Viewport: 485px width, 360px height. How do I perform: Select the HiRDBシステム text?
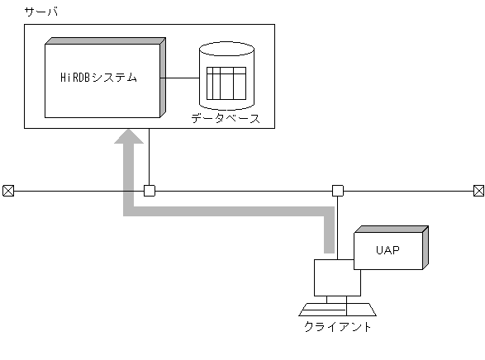(x=99, y=78)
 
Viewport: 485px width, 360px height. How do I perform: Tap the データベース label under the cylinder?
(x=226, y=118)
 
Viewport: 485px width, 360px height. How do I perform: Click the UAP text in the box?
(x=388, y=249)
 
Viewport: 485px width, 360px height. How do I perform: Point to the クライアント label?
(x=338, y=326)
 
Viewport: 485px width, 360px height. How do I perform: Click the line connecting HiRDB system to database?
(x=182, y=78)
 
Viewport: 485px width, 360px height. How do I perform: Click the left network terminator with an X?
(x=8, y=191)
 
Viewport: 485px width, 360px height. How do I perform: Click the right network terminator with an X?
(x=478, y=191)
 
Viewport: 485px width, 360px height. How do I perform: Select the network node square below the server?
(x=150, y=191)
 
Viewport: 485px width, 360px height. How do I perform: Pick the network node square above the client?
(x=338, y=191)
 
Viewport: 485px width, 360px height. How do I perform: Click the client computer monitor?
(x=337, y=277)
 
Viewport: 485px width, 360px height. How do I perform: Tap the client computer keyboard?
(x=337, y=310)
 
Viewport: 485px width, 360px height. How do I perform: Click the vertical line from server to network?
(x=150, y=157)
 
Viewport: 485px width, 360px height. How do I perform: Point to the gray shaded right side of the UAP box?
(x=425, y=248)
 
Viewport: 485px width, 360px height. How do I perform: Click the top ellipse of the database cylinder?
(x=226, y=53)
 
